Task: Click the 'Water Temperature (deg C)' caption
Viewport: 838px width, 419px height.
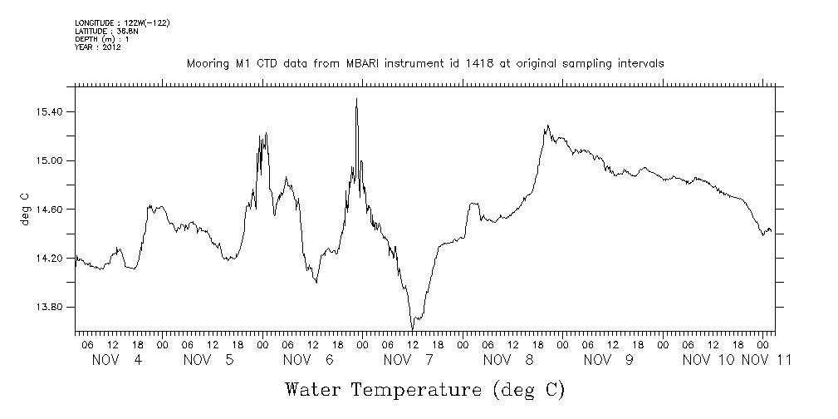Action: coord(424,389)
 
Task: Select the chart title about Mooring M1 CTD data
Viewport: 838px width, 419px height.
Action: coord(425,63)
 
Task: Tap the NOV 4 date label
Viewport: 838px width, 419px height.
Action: coord(116,360)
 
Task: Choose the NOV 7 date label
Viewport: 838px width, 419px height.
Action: coord(408,360)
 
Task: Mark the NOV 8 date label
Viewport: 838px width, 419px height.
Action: coord(507,360)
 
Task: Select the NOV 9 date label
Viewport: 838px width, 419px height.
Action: coord(608,360)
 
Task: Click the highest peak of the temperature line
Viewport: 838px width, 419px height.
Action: coord(357,99)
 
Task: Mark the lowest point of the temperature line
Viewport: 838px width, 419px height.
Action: coord(412,329)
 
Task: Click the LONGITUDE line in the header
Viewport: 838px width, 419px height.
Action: coord(122,22)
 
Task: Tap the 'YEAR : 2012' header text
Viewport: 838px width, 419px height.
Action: coord(98,47)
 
